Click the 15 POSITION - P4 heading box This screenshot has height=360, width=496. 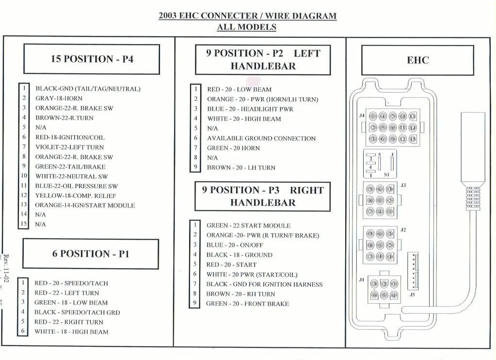point(92,59)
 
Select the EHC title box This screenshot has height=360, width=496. point(417,60)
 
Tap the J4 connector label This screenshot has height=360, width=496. point(362,116)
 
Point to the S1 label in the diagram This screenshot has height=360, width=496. point(386,174)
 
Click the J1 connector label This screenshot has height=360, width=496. point(362,279)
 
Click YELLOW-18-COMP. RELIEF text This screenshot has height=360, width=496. point(76,196)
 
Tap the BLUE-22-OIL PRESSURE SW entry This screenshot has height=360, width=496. point(76,186)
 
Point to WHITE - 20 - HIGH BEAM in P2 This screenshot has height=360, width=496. point(244,119)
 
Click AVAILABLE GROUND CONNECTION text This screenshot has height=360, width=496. point(261,138)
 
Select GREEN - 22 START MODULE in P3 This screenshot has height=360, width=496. point(248,226)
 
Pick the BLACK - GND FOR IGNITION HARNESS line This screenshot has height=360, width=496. point(264,284)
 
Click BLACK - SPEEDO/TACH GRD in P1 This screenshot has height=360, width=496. point(77,312)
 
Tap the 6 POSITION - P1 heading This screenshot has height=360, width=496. point(91,254)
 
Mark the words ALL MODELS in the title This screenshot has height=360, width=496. point(247,27)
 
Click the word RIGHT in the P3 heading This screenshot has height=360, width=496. point(306,190)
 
